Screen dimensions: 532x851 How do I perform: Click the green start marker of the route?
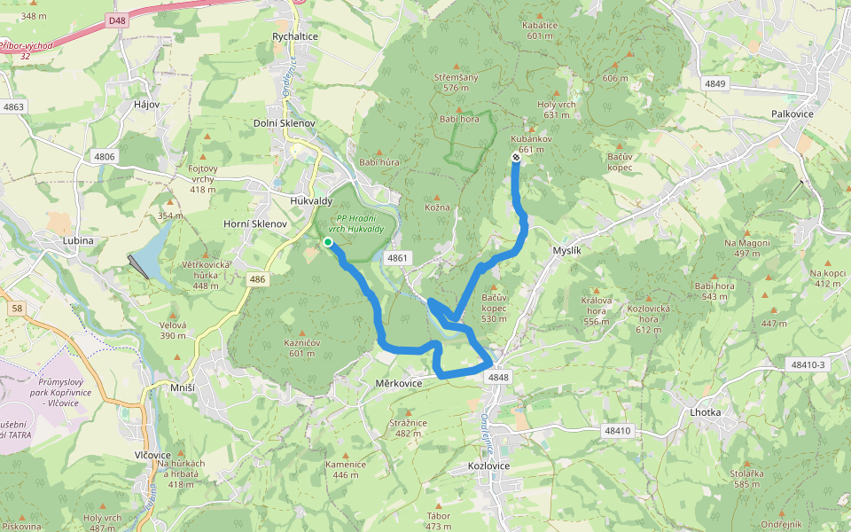(328, 242)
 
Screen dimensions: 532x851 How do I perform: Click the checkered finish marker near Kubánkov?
(516, 158)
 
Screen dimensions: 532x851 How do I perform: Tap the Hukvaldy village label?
(311, 201)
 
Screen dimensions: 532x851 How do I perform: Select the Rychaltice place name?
(295, 36)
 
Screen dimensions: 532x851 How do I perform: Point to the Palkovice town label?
(792, 114)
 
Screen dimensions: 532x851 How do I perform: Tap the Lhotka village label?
(706, 413)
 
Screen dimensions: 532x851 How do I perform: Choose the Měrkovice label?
(398, 382)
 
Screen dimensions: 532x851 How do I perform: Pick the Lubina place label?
(78, 240)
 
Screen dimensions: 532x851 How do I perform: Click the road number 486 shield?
(257, 280)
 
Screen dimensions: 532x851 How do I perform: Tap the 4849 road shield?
(715, 83)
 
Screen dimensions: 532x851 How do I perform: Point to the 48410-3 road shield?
(806, 364)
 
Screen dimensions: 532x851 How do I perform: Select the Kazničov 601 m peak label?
(301, 348)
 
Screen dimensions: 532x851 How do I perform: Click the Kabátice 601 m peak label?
(540, 30)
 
